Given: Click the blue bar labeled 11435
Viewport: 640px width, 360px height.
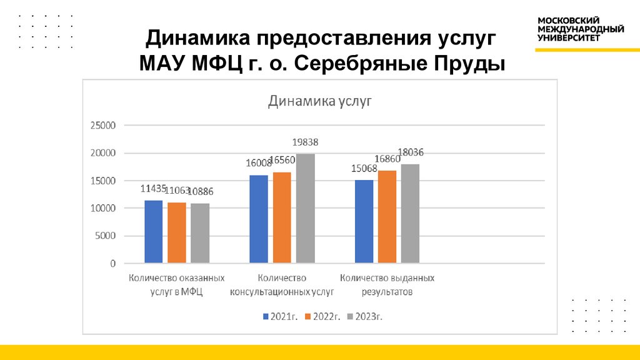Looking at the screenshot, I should point(153,231).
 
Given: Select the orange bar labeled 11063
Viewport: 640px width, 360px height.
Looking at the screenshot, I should point(177,232).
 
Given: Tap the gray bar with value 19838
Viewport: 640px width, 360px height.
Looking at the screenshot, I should point(305,208).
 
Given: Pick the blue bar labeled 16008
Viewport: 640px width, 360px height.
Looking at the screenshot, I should point(258,219).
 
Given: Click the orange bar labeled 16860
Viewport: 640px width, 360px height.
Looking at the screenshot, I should point(387,216).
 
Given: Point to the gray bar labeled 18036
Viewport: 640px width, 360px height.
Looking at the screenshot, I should point(410,213).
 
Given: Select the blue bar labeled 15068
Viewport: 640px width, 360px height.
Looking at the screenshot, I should point(364,221).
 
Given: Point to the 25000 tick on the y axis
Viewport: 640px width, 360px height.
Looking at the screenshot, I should point(104,126).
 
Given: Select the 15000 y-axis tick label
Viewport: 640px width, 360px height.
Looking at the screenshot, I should point(104,181).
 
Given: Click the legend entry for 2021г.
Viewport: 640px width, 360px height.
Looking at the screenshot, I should point(279,317).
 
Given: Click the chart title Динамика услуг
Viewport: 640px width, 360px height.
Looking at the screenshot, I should point(319,100).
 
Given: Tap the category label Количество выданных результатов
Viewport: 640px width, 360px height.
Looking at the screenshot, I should point(387,284).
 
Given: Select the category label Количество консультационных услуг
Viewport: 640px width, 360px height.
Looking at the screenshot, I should point(282,284).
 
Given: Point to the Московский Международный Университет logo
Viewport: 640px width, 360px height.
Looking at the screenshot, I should point(581,29).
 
